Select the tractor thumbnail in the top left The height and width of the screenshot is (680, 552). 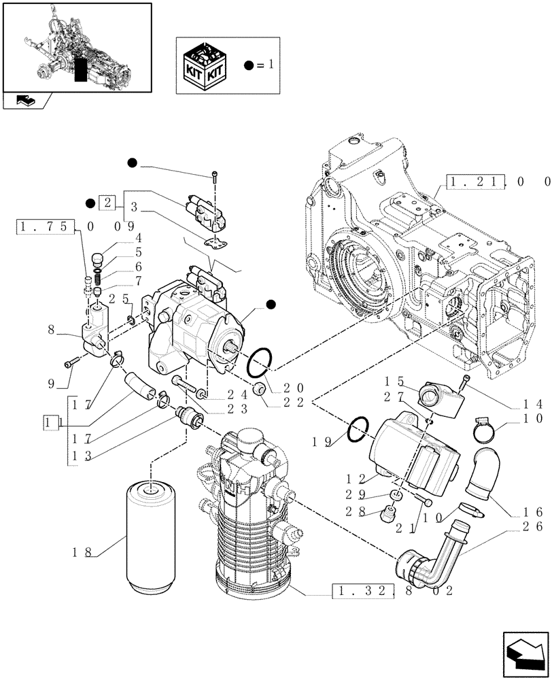(77, 47)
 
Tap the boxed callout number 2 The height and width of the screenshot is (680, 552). (107, 203)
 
